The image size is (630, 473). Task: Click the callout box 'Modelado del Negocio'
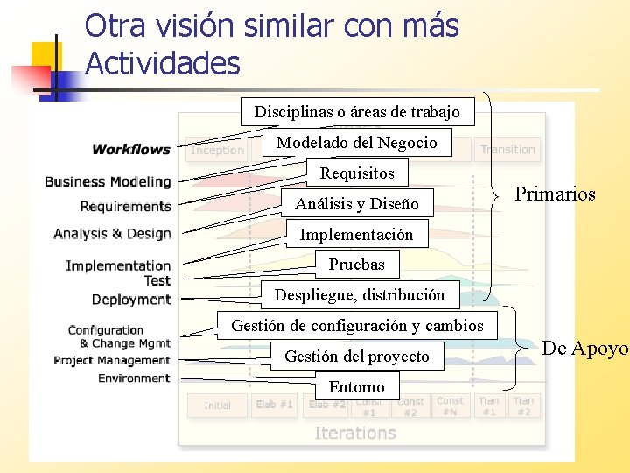tap(357, 143)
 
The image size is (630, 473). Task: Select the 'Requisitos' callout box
tap(357, 173)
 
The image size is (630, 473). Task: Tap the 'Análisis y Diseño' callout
tap(357, 204)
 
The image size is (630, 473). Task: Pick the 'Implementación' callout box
tap(356, 235)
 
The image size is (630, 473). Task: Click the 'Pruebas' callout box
tap(356, 264)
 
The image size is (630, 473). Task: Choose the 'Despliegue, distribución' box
tap(360, 295)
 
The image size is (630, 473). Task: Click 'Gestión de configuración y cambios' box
tap(357, 326)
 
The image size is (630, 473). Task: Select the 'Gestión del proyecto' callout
tap(357, 357)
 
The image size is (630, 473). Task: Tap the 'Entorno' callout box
tap(356, 386)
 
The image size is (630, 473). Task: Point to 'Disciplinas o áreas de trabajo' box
tap(357, 111)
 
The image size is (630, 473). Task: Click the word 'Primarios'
tap(555, 194)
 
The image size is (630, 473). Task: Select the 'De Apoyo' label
tap(584, 349)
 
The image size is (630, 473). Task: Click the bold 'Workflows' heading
tap(131, 150)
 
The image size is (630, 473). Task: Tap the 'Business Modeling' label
tap(108, 182)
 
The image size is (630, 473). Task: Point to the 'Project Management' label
tap(112, 361)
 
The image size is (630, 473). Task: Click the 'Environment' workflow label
tap(134, 378)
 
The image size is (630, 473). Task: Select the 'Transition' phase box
tap(507, 150)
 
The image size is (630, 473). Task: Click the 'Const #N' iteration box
tap(450, 406)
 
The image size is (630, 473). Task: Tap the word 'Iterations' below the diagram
tap(355, 433)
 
